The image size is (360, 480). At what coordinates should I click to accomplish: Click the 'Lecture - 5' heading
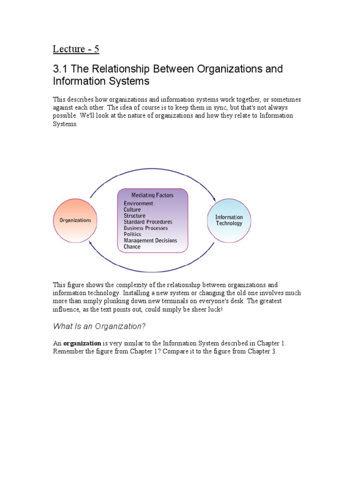[x=75, y=49]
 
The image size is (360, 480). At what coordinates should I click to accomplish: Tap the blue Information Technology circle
[x=229, y=220]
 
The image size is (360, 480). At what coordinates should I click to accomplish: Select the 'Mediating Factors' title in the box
[x=152, y=195]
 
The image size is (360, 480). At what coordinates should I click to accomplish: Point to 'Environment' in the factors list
[x=138, y=203]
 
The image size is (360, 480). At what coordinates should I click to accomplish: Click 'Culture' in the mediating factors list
[x=132, y=210]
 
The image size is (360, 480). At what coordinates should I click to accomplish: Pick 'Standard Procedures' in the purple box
[x=148, y=222]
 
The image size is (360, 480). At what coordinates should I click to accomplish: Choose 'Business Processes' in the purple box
[x=146, y=228]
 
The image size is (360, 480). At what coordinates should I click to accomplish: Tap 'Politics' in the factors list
[x=132, y=234]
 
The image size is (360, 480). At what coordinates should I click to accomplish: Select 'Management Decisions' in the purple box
[x=150, y=240]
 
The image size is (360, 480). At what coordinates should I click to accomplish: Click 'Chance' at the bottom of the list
[x=132, y=247]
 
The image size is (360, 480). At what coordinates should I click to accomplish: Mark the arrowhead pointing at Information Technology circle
[x=214, y=198]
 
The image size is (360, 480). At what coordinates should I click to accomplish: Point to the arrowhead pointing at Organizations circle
[x=90, y=242]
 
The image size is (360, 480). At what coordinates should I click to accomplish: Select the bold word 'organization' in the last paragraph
[x=82, y=343]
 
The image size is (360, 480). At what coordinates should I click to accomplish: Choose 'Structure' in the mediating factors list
[x=134, y=216]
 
